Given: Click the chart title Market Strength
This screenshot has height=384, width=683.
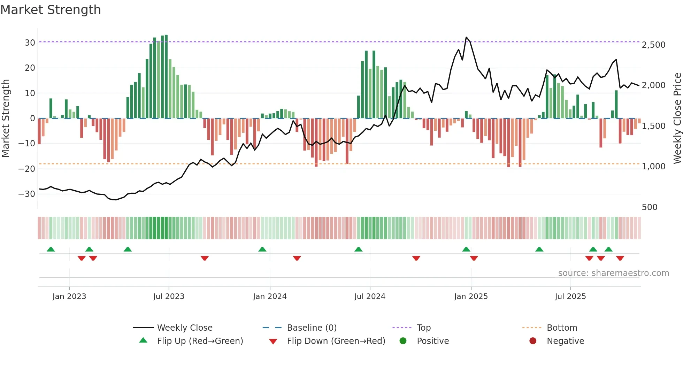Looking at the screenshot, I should click(51, 10).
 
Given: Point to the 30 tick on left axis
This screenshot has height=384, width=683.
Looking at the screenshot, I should click(30, 43).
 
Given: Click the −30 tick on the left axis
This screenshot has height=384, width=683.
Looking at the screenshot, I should click(27, 194).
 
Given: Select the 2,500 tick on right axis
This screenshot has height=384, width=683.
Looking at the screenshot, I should click(653, 45).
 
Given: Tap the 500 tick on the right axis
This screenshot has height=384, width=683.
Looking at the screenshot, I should click(649, 207).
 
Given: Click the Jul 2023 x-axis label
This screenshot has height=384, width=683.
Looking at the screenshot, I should click(169, 297).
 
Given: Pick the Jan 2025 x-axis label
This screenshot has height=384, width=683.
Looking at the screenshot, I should click(471, 297).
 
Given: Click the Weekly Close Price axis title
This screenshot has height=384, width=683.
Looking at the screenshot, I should click(677, 118).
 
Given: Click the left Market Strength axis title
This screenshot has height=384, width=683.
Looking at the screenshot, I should click(6, 118).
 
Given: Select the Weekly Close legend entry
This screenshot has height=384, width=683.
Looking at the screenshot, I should click(184, 328).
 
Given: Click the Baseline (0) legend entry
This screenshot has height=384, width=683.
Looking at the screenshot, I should click(312, 328).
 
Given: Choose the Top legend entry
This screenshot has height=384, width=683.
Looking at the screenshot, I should click(423, 328).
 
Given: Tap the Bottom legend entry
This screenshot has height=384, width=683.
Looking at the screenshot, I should click(562, 328).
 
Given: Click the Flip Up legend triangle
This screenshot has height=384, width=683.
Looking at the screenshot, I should click(143, 340).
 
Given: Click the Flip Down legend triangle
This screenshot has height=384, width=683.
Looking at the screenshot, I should click(273, 341).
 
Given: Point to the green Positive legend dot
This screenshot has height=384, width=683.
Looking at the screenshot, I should click(403, 341).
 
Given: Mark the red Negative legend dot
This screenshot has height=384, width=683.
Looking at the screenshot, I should click(533, 341).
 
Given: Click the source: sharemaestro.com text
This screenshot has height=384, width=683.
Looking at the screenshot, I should click(613, 273).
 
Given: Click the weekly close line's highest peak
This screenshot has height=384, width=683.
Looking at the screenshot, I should click(466, 37).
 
